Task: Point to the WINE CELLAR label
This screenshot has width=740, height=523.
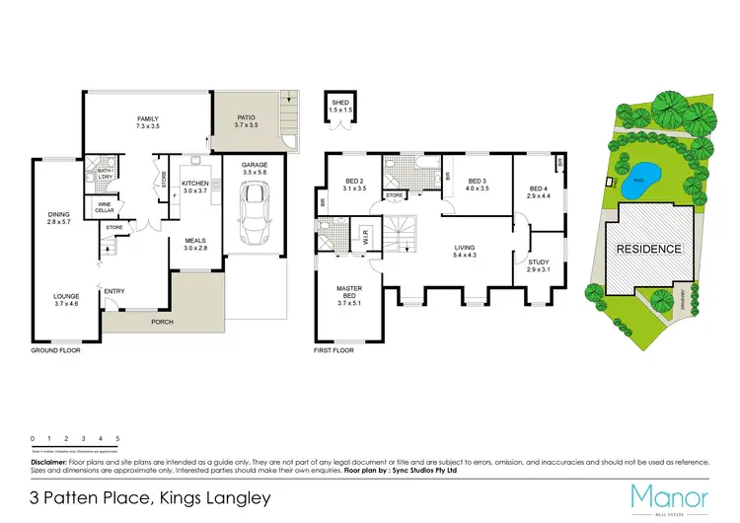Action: click(x=104, y=208)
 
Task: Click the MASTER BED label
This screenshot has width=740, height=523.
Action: click(x=347, y=293)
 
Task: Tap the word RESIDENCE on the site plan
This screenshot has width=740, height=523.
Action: click(x=648, y=249)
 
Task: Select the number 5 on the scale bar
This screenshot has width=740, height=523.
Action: click(x=117, y=437)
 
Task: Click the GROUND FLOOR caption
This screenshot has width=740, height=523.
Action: click(x=54, y=350)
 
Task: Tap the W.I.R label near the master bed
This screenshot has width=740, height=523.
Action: click(x=365, y=237)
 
